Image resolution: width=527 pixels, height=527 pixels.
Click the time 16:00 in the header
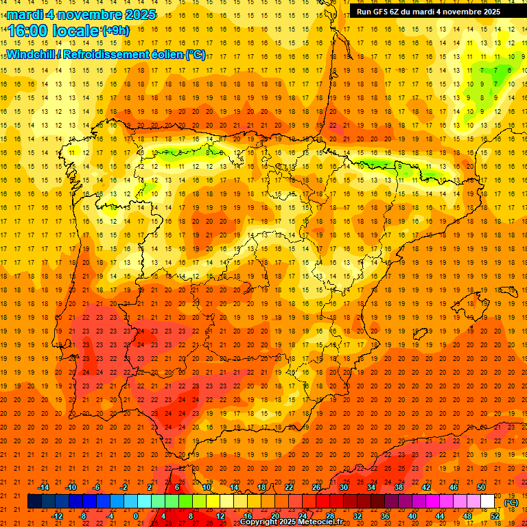[27, 31]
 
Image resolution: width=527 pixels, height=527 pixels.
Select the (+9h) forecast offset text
[115, 30]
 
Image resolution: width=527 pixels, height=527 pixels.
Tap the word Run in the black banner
[364, 12]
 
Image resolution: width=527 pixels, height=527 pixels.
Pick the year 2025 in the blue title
[138, 14]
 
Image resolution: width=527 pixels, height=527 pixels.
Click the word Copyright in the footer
[258, 522]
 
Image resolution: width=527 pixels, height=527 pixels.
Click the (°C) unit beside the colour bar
[511, 502]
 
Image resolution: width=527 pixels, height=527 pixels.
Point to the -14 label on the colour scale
[43, 487]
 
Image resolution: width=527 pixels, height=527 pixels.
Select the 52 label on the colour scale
[495, 515]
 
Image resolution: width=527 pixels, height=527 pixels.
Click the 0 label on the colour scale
[136, 515]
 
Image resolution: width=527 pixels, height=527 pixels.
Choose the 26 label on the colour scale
[316, 487]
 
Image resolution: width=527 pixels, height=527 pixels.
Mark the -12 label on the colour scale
[57, 515]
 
